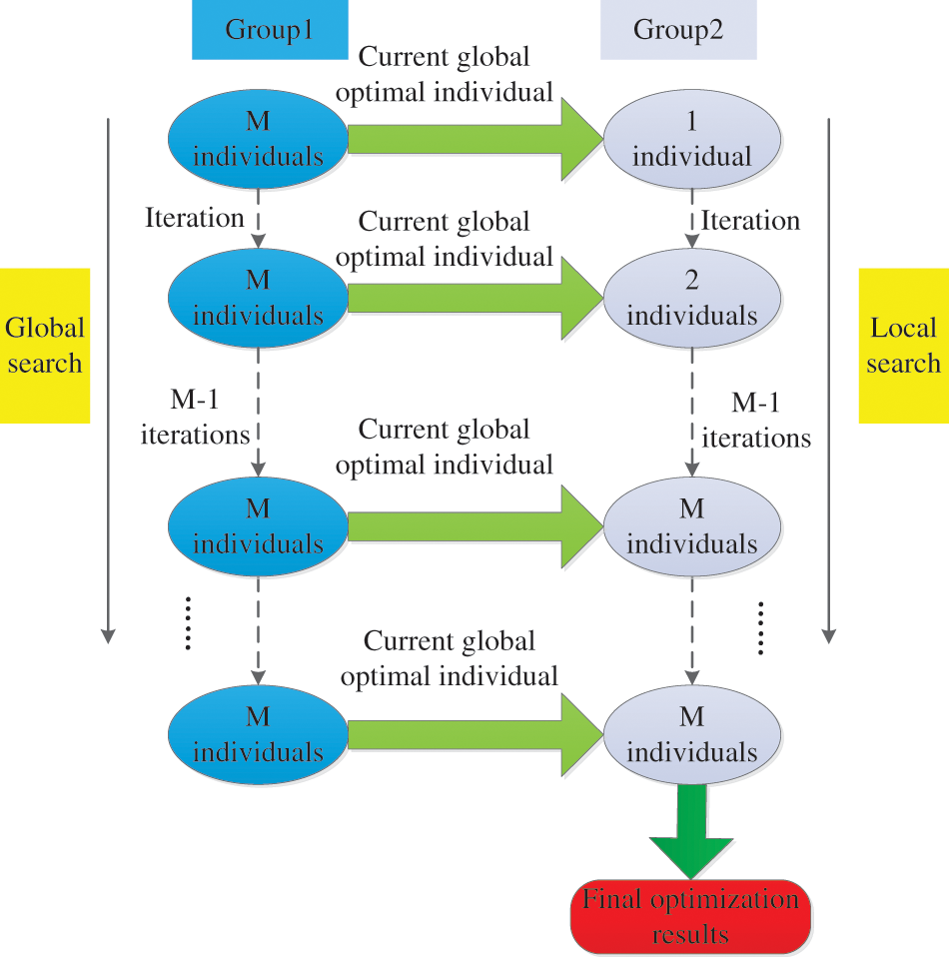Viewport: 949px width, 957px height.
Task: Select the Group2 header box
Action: pos(678,29)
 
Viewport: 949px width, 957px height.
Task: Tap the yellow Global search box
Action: pos(45,345)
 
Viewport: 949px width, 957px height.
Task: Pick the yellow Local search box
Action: pos(903,345)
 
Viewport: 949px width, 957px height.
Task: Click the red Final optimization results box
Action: pos(690,916)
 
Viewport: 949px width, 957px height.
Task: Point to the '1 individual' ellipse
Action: pos(691,139)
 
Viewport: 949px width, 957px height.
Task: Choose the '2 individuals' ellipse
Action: pos(691,299)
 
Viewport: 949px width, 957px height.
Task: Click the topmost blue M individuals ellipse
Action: pos(258,139)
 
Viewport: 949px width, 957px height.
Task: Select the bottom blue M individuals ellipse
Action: pos(258,734)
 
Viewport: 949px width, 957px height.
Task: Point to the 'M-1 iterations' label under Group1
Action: pos(195,418)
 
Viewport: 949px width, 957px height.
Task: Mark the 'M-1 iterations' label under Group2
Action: pos(756,421)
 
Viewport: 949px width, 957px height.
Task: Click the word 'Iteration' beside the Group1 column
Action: pos(194,218)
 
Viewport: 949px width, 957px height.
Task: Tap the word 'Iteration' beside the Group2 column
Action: pos(750,220)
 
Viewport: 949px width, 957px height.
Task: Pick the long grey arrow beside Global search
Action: pos(109,380)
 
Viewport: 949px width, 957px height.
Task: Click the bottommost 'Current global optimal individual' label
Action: pos(449,658)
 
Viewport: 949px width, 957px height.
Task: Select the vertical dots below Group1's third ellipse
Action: pos(189,624)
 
